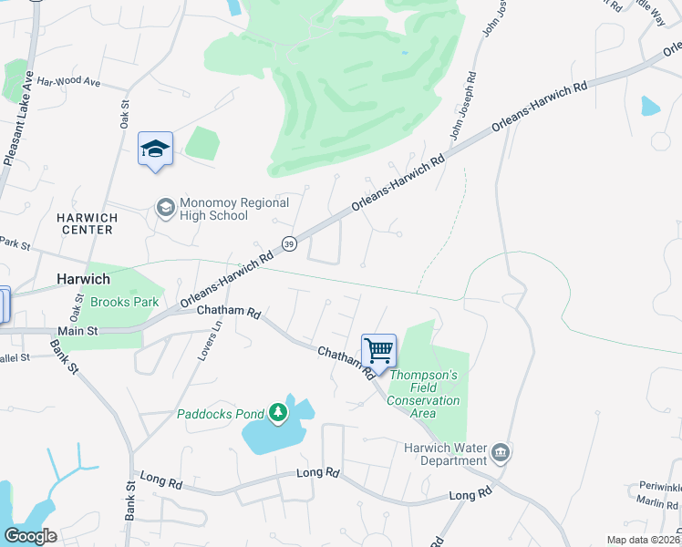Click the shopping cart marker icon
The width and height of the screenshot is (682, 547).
point(378,349)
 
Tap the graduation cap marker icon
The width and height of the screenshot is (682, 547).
point(155,149)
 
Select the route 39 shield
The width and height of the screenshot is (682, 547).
point(289,243)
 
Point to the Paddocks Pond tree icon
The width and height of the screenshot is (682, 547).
point(278,415)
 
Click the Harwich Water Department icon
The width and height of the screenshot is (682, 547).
point(500,452)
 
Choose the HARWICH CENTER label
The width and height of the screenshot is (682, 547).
point(85,223)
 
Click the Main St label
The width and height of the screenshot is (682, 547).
point(77,331)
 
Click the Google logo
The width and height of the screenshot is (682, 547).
point(30,536)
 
